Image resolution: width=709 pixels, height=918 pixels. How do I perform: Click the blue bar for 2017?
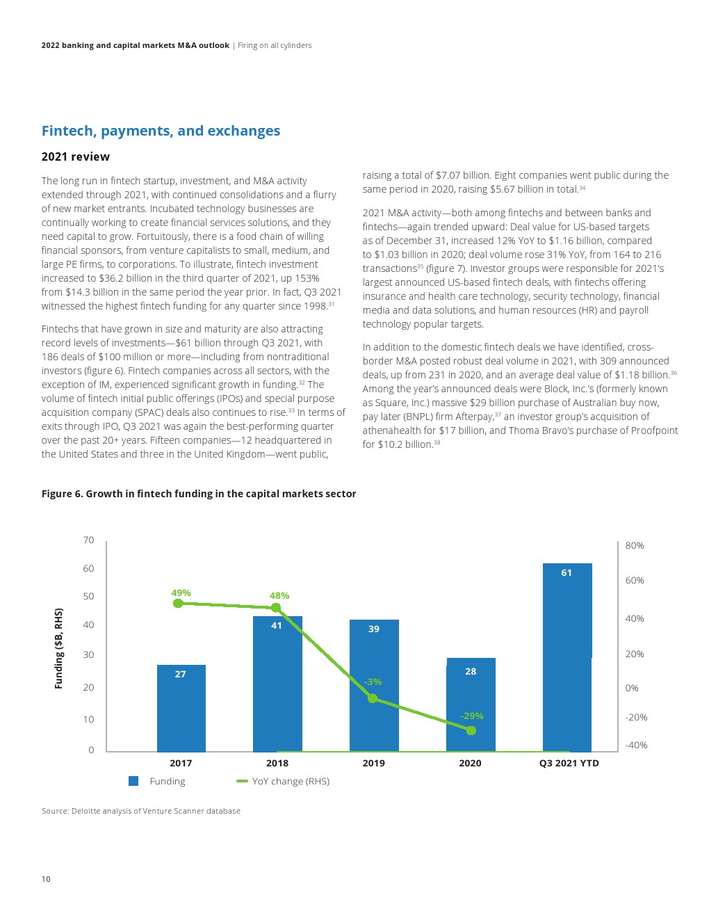point(181,709)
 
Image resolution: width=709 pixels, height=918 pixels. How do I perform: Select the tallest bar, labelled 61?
point(567,657)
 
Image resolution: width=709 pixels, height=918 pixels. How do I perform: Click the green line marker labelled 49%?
point(178,603)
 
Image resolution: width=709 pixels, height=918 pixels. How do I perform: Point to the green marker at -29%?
point(471,730)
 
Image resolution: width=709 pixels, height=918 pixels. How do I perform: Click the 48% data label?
point(279,595)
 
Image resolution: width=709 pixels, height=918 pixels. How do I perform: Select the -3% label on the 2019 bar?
point(373,682)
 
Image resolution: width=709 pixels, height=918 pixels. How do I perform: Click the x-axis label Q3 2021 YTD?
point(569,763)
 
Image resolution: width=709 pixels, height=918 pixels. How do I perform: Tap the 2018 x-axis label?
point(277,763)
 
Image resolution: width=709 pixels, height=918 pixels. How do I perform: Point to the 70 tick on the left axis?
point(88,540)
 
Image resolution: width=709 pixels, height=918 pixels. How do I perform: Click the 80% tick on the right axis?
point(635,545)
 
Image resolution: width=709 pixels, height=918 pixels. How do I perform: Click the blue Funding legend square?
point(133,781)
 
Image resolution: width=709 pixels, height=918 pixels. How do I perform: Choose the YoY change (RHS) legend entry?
point(284,781)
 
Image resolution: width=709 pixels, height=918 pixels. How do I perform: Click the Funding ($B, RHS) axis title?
point(59,648)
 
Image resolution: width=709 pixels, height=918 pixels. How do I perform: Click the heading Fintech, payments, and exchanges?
point(161,131)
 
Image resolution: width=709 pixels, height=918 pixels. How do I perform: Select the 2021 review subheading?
point(76,156)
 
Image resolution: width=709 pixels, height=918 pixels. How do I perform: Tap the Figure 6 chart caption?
point(199,494)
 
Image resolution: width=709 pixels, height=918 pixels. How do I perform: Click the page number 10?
point(46,879)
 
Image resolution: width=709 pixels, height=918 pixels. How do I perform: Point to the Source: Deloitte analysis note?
point(141,811)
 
